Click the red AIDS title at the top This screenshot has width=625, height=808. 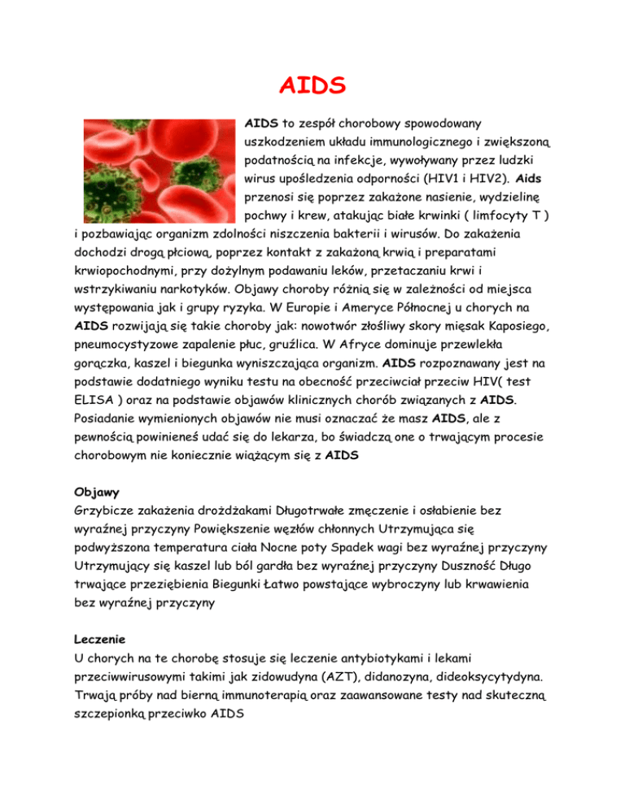312,85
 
